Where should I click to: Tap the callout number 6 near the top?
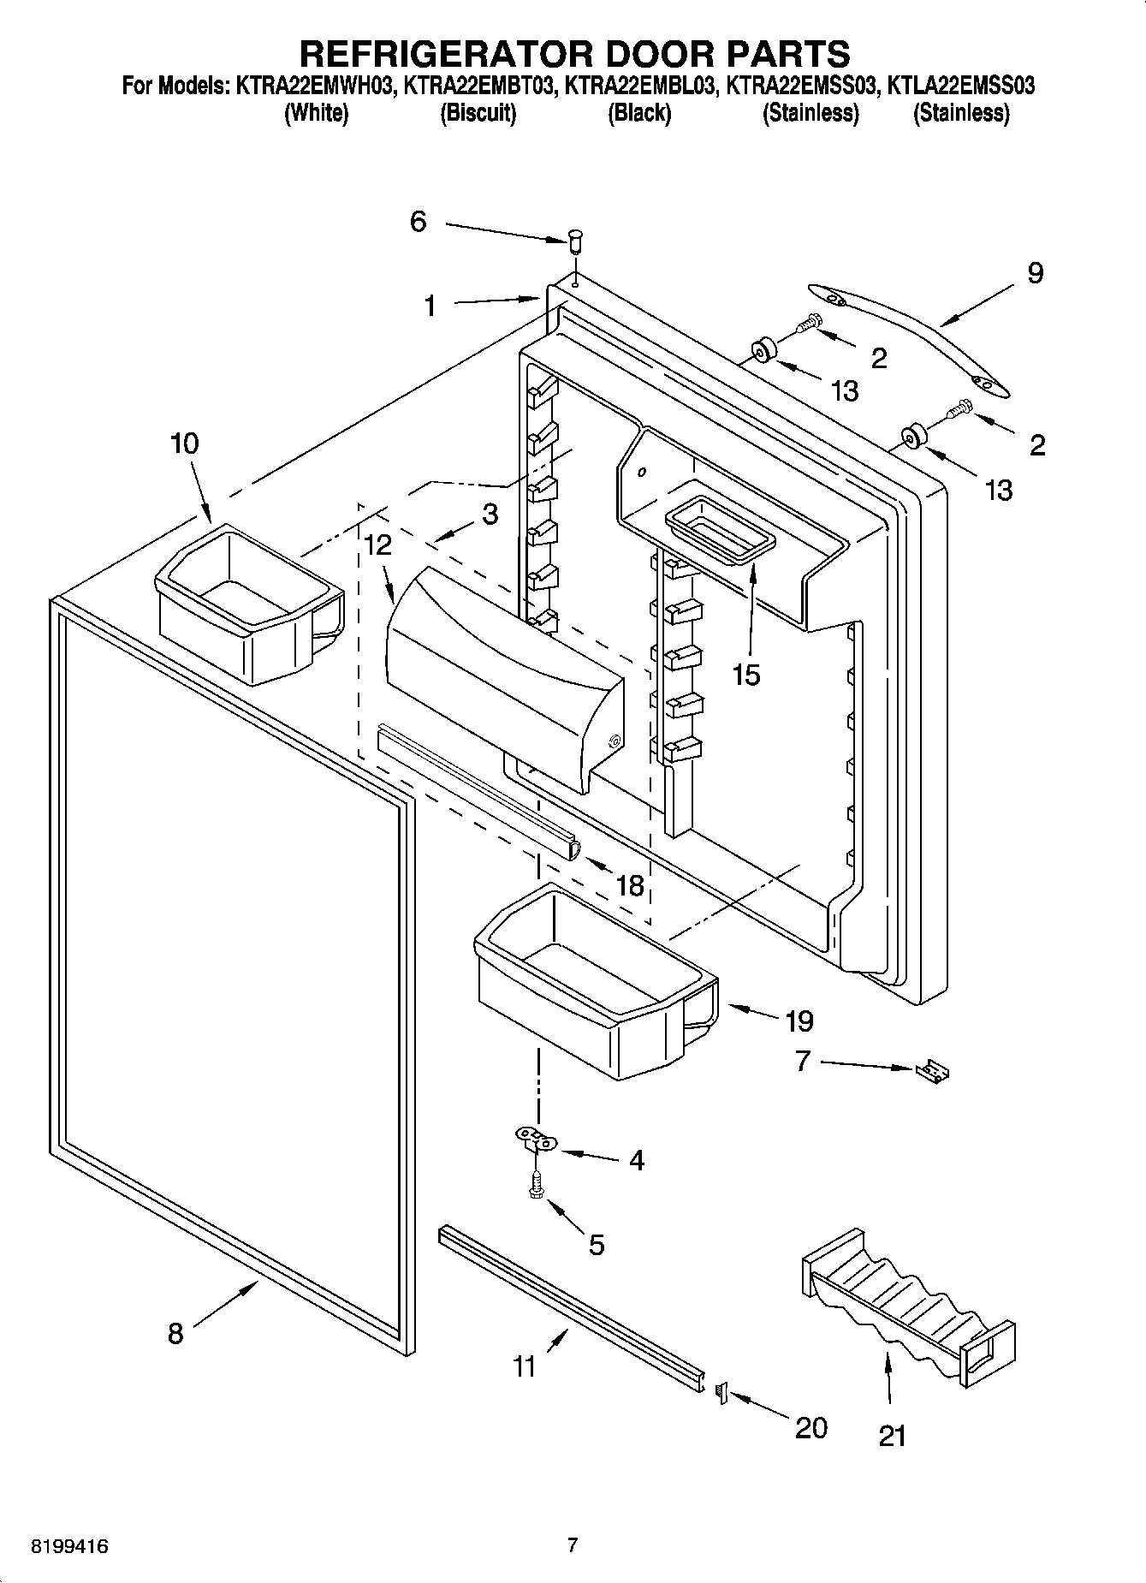[x=418, y=222]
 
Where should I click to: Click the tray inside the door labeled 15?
[x=719, y=531]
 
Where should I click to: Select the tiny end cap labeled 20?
[x=721, y=1394]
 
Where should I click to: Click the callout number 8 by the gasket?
[x=175, y=1333]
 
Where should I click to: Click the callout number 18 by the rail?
[x=629, y=884]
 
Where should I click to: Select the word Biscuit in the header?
[x=478, y=113]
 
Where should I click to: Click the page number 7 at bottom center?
[x=573, y=1545]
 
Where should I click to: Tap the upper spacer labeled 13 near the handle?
[x=761, y=351]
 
